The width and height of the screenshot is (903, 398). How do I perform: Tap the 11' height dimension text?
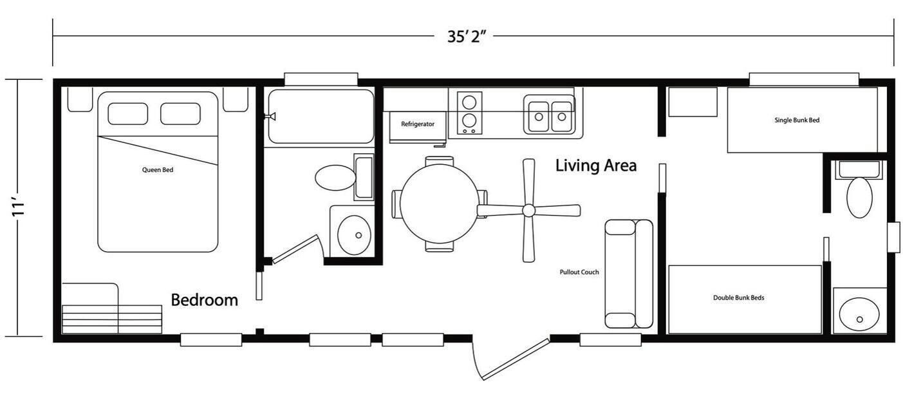pyautogui.click(x=18, y=207)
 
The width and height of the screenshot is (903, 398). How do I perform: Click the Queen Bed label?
pyautogui.click(x=158, y=170)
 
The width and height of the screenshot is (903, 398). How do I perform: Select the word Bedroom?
pyautogui.click(x=205, y=300)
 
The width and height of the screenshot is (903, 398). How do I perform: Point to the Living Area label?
pyautogui.click(x=596, y=166)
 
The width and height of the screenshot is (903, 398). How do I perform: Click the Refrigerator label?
pyautogui.click(x=418, y=124)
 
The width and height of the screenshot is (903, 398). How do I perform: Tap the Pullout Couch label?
pyautogui.click(x=579, y=272)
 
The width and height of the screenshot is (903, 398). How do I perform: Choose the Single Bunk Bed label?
pyautogui.click(x=797, y=120)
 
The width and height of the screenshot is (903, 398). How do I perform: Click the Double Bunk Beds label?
pyautogui.click(x=738, y=298)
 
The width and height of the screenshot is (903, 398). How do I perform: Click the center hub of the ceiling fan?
pyautogui.click(x=528, y=210)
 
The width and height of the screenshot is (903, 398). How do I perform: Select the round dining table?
pyautogui.click(x=440, y=204)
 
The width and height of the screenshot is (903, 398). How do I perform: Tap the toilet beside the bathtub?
pyautogui.click(x=335, y=178)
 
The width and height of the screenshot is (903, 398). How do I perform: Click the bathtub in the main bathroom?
pyautogui.click(x=321, y=116)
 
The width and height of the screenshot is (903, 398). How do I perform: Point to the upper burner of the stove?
pyautogui.click(x=469, y=102)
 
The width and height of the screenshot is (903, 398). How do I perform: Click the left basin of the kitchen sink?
pyautogui.click(x=539, y=117)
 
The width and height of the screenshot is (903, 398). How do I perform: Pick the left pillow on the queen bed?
pyautogui.click(x=128, y=114)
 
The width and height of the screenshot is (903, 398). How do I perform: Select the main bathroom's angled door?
pyautogui.click(x=295, y=249)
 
